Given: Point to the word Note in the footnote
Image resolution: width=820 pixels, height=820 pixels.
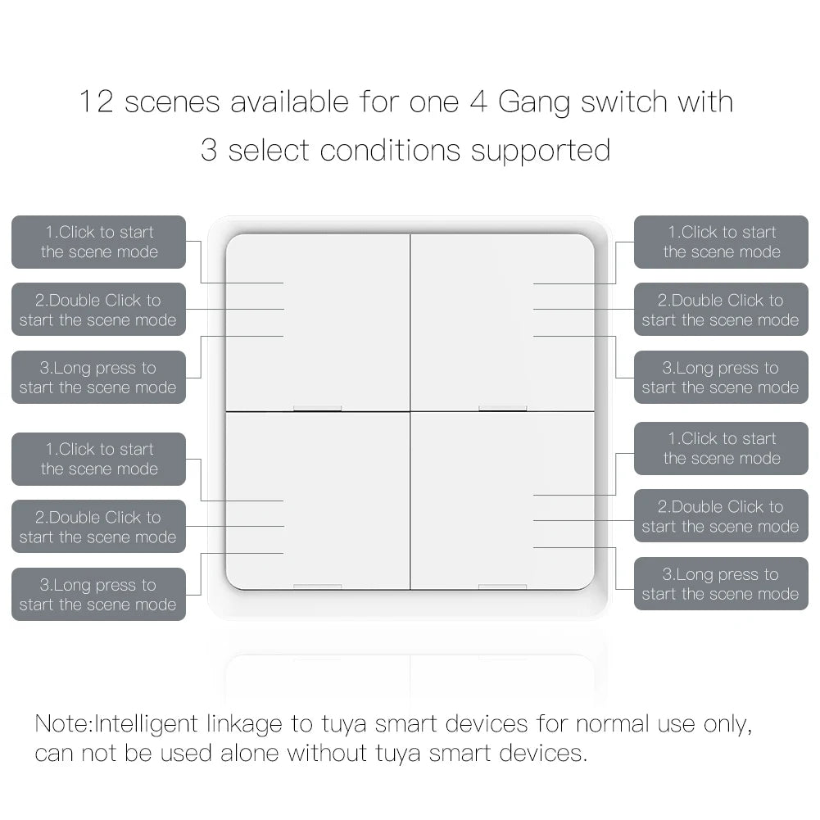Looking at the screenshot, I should coord(64,724).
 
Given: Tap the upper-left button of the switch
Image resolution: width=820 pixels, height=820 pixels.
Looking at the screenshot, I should coord(318,321).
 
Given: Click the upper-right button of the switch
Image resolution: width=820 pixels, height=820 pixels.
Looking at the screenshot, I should coord(502,321).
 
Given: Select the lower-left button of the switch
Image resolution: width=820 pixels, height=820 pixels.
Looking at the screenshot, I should coord(318,500).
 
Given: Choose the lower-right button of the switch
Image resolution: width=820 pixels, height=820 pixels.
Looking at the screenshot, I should coord(502,500).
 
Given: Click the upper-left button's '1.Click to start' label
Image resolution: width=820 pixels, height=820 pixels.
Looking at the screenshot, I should coord(99,242).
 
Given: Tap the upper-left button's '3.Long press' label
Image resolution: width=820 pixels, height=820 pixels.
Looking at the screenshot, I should coord(99,378).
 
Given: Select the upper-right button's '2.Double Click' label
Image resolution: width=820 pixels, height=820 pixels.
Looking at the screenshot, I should coord(721,310).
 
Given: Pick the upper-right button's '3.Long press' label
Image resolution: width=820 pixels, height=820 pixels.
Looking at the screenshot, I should coord(721,378).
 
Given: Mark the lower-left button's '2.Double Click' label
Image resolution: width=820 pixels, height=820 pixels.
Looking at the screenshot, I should coord(99,527).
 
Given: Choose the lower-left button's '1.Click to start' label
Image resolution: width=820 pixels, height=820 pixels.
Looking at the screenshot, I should coord(99,459).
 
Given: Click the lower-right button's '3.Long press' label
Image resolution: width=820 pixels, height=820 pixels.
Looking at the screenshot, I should coord(721,584).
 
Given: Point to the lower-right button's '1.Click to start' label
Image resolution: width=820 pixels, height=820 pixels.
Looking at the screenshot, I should coord(721,449).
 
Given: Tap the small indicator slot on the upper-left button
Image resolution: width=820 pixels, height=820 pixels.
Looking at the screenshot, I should coord(317,407).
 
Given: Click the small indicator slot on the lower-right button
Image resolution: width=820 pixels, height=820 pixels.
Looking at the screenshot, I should coord(502,587).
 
